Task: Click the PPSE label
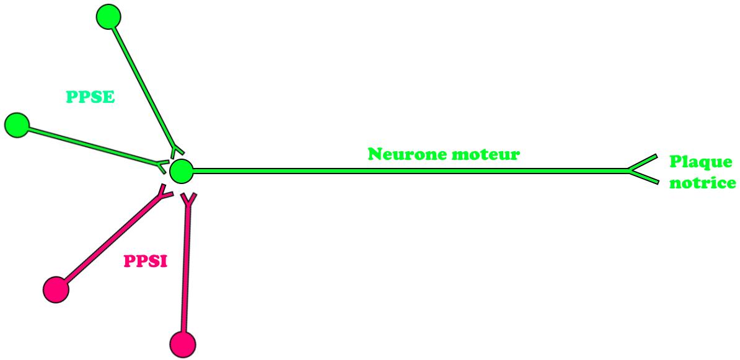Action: click(90, 97)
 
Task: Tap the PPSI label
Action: click(146, 261)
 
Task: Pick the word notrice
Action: click(703, 183)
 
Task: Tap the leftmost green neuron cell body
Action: click(17, 126)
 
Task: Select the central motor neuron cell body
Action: click(181, 171)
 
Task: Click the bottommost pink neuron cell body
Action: click(182, 344)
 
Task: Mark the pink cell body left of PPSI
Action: click(56, 289)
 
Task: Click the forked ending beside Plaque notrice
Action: click(642, 169)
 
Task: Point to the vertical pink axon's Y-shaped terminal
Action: click(189, 201)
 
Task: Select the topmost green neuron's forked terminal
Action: click(176, 149)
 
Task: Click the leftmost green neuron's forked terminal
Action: click(162, 166)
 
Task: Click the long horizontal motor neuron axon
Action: click(410, 171)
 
